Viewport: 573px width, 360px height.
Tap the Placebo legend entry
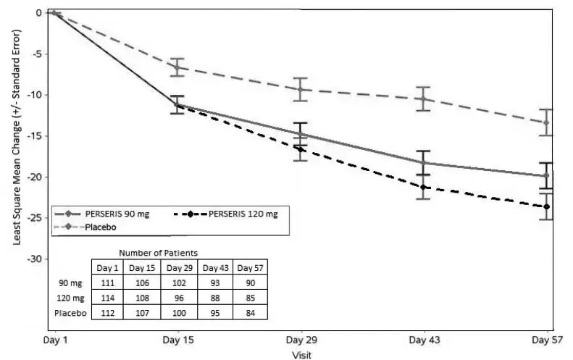[x=100, y=227]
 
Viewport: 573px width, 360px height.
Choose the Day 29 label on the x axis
[x=300, y=340]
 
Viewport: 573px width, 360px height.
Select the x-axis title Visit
[x=301, y=354]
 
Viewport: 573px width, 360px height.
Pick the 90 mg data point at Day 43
[x=424, y=163]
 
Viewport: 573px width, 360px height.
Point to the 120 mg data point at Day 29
[x=300, y=148]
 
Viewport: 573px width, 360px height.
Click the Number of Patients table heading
[x=159, y=253]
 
